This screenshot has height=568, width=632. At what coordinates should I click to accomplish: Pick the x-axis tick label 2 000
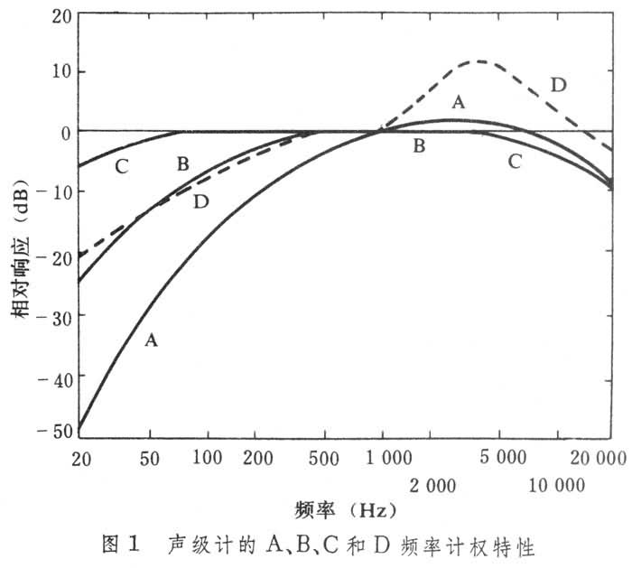(x=432, y=485)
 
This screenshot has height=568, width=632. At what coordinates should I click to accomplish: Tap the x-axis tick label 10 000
(x=555, y=485)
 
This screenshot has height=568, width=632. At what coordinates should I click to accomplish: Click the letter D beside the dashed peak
(x=558, y=86)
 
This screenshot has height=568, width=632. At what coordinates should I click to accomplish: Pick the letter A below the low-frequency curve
(x=152, y=340)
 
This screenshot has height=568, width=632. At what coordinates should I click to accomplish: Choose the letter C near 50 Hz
(x=123, y=166)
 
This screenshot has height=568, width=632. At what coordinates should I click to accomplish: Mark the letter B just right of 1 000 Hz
(x=419, y=144)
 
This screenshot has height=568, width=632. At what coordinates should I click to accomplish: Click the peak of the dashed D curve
(x=479, y=61)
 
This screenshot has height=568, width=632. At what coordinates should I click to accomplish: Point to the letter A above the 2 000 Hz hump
(x=458, y=103)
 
